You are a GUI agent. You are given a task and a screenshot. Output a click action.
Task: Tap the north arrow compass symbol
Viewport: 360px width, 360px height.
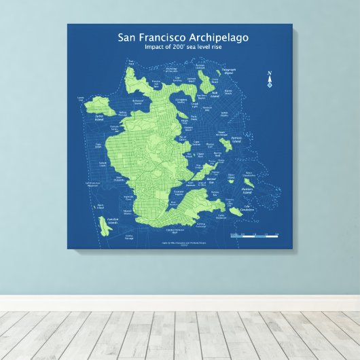(x=270, y=80)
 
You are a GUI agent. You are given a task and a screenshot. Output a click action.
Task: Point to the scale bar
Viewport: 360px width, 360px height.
(x=255, y=236)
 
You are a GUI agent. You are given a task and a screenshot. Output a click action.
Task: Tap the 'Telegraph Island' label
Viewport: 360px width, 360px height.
(x=229, y=70)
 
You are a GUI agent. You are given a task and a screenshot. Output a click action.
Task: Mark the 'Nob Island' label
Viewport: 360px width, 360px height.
(x=214, y=95)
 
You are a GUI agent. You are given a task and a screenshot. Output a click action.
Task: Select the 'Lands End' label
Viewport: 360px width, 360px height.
(x=82, y=98)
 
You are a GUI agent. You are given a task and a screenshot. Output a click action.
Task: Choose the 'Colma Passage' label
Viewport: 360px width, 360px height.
(x=130, y=238)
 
